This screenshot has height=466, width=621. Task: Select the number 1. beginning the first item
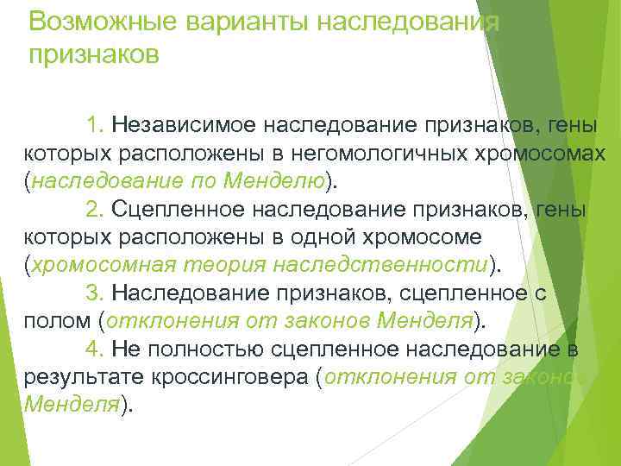96,127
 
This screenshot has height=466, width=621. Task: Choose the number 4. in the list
96,349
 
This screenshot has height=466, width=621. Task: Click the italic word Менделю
275,183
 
